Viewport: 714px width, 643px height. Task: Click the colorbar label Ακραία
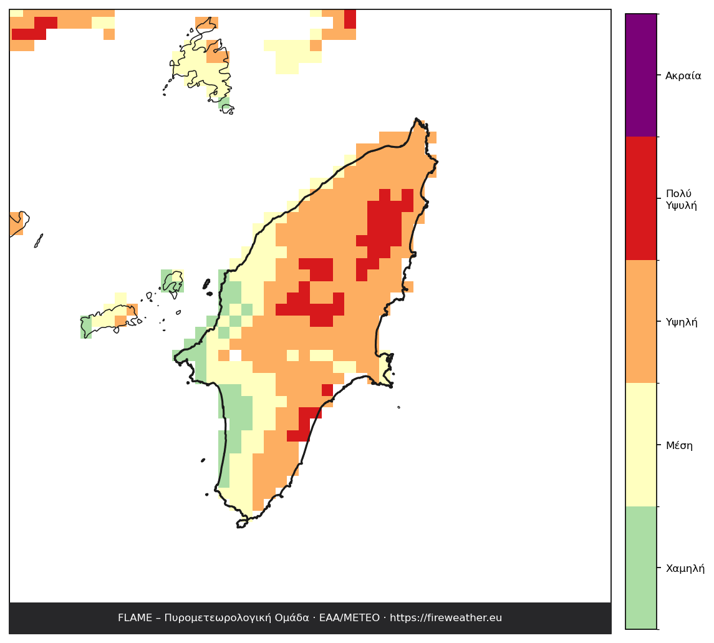(683, 75)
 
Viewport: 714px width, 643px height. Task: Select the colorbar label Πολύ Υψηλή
(681, 200)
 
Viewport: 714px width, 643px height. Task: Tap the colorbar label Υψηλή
(682, 322)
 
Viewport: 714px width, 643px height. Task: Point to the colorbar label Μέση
(679, 445)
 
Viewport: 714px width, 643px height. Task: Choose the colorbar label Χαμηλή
(685, 568)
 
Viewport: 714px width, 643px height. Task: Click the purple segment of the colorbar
(641, 75)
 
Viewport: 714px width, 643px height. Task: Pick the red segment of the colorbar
(641, 198)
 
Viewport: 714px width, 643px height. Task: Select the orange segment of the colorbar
(641, 322)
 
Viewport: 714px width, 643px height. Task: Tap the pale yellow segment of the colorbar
(641, 445)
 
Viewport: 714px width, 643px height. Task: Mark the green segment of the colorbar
(641, 568)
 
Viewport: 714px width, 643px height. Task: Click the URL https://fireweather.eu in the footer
(446, 618)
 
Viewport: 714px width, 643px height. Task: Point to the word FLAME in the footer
(135, 618)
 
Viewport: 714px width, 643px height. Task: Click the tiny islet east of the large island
(399, 407)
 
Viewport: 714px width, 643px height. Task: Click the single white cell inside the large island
(236, 355)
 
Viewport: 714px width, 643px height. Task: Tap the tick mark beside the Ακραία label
(659, 75)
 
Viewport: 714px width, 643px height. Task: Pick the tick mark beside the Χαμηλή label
(659, 568)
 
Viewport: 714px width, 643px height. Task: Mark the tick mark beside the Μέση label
(659, 445)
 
